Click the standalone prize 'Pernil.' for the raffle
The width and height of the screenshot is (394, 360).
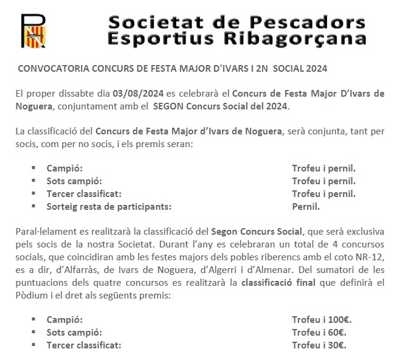pos(306,206)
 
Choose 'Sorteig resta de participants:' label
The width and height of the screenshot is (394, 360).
pos(109,206)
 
